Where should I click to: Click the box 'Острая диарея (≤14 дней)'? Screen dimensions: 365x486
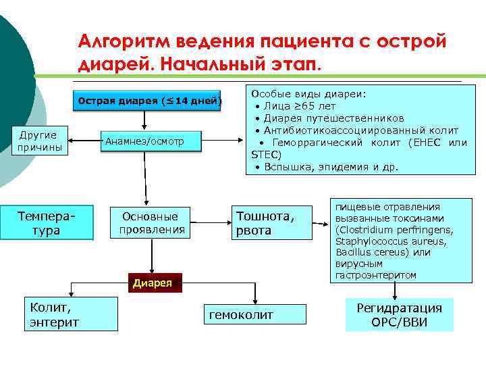pyautogui.click(x=150, y=102)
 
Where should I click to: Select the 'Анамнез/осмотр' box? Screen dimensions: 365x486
pyautogui.click(x=144, y=142)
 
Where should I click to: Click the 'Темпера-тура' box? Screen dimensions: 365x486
pyautogui.click(x=47, y=224)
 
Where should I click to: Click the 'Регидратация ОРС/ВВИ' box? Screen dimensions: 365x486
pyautogui.click(x=399, y=315)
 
